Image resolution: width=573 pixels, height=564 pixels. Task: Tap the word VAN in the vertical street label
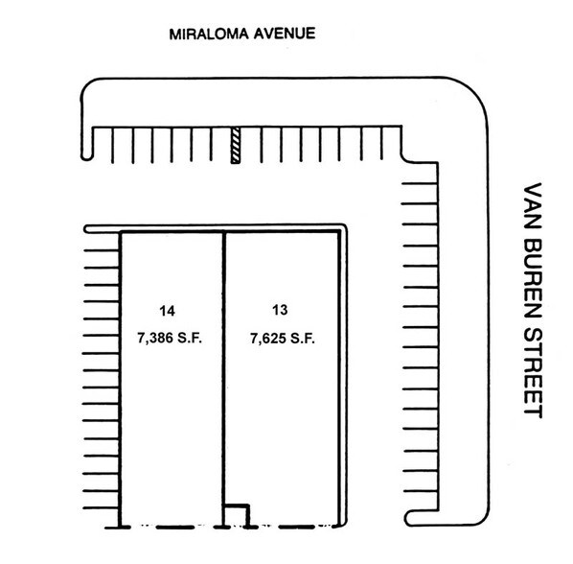pos(533,205)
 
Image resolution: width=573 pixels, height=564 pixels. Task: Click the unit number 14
pos(168,310)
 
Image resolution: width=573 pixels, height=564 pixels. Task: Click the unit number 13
pos(280,310)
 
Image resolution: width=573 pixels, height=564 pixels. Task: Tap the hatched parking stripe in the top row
pos(233,145)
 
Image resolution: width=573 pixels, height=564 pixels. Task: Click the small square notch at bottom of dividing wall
pos(236,516)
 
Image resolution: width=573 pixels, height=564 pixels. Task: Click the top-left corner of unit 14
pos(120,234)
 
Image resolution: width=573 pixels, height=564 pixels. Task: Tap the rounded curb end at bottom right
pos(413,517)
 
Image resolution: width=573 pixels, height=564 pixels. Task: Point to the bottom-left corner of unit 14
pos(120,525)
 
